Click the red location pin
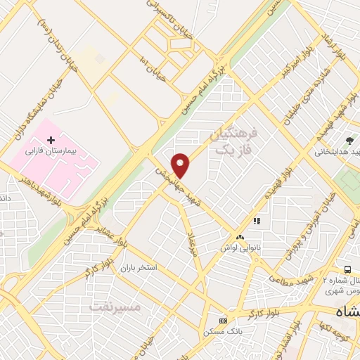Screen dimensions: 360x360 (181, 165)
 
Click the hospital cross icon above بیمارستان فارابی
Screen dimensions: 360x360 (50, 141)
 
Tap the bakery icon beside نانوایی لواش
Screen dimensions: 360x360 (240, 238)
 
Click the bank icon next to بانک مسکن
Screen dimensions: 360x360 (224, 320)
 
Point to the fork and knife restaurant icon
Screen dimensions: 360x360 (257, 221)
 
